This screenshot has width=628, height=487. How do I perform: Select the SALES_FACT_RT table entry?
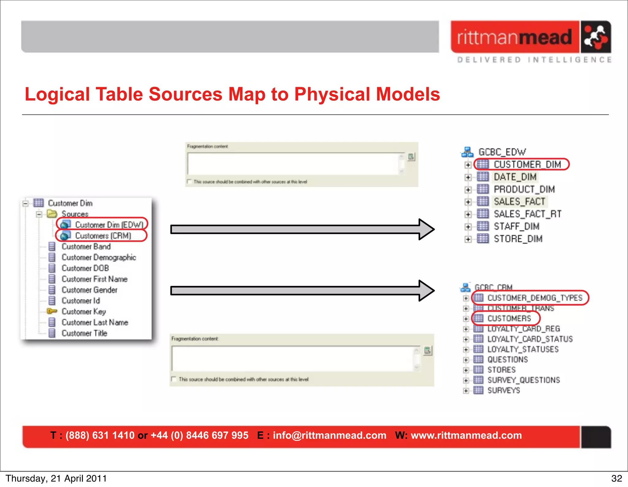click(527, 214)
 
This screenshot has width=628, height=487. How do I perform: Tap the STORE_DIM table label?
click(518, 239)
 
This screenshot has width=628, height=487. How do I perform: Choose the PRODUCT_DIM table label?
click(524, 189)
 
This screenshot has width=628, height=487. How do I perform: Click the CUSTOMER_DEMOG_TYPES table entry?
click(534, 298)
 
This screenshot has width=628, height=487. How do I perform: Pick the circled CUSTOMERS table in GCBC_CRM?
click(509, 319)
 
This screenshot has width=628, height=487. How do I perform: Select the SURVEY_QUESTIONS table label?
click(523, 380)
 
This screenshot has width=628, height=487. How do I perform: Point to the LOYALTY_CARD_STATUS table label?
click(530, 339)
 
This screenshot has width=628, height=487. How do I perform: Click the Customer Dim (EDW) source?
click(109, 225)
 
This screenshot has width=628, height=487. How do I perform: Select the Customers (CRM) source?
click(103, 236)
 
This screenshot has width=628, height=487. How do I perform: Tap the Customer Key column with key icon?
click(84, 311)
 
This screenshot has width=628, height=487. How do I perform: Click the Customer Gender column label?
click(90, 290)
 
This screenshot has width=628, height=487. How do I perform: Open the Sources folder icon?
click(52, 214)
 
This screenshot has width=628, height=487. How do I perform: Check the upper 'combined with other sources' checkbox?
click(190, 181)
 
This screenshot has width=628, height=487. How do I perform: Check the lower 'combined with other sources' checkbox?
click(174, 379)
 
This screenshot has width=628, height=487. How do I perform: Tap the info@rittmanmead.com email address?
click(329, 435)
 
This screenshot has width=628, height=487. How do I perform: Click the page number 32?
click(616, 478)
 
